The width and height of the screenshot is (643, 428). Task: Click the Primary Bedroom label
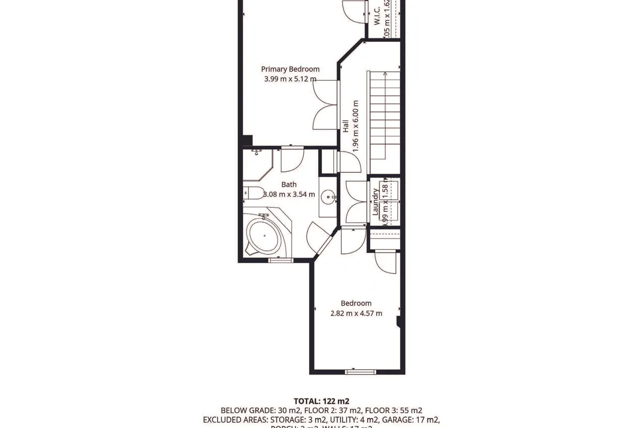290,69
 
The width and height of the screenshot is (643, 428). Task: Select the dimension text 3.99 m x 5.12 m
290,79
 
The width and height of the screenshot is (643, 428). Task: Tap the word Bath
289,185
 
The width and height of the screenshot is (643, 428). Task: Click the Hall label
346,126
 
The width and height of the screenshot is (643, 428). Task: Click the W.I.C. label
376,15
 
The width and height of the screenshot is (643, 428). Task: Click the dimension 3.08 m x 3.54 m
289,194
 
